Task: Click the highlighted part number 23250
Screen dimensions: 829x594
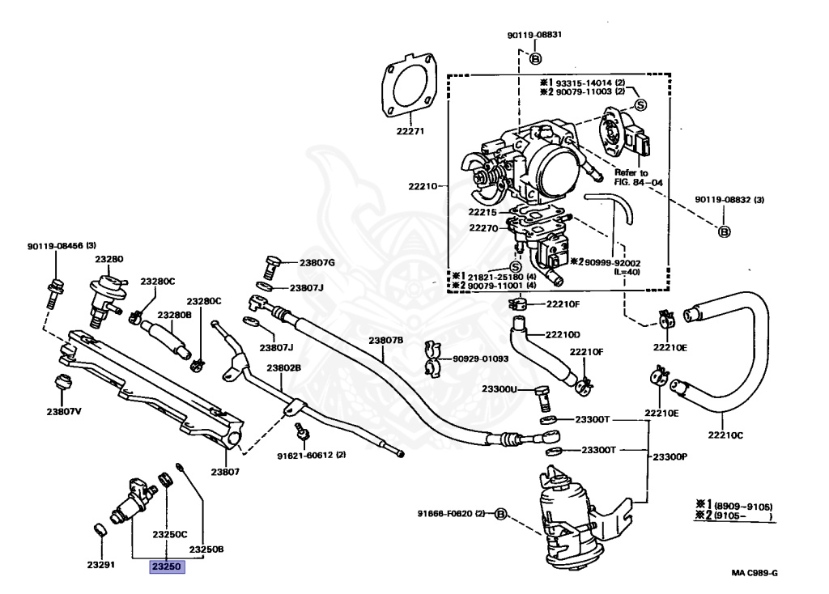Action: tap(167, 566)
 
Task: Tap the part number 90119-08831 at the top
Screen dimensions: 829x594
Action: tap(534, 35)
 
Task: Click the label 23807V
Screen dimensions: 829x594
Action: tap(64, 411)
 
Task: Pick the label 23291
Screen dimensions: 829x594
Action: tap(100, 564)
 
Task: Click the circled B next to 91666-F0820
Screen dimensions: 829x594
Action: tap(500, 513)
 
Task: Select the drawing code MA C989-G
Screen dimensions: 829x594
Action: tap(755, 572)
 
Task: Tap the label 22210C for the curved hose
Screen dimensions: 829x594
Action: tap(725, 435)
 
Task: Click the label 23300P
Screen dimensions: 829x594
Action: tap(670, 456)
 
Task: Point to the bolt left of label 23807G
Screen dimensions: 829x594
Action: tap(271, 267)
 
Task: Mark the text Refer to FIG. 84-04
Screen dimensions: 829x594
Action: tap(638, 177)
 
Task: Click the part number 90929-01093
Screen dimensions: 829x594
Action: tap(481, 359)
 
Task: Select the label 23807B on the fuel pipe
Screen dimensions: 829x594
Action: tap(386, 341)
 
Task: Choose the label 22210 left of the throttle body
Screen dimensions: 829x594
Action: tap(423, 186)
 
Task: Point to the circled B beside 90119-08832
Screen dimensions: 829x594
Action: tap(725, 231)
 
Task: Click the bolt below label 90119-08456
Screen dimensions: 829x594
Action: tap(54, 293)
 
